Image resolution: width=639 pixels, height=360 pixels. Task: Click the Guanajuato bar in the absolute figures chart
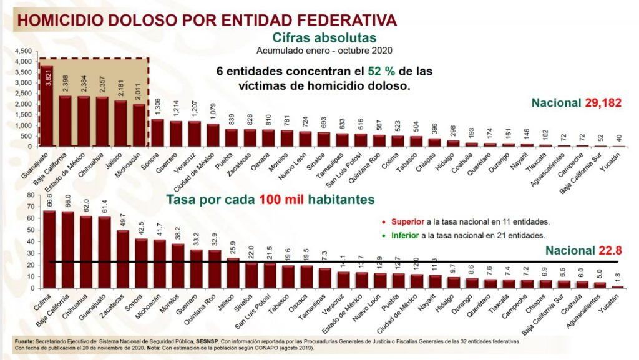[47, 106]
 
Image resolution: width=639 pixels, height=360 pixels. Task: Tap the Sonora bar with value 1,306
[158, 132]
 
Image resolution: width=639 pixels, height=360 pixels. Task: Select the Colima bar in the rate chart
[49, 250]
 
